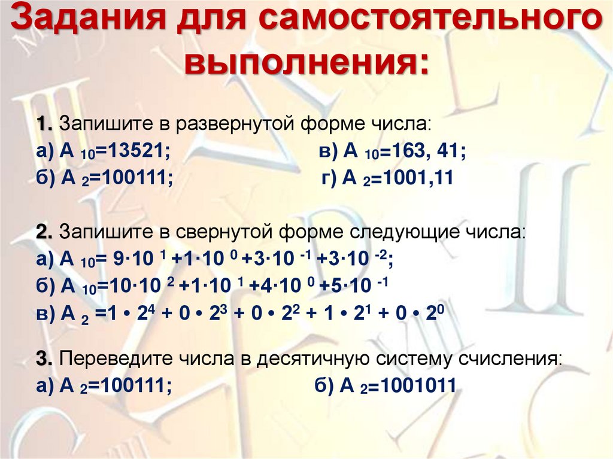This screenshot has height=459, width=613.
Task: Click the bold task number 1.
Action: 43,124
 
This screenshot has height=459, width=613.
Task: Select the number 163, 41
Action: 425,151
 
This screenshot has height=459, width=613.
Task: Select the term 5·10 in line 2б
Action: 351,285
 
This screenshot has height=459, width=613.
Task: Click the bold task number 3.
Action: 43,359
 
